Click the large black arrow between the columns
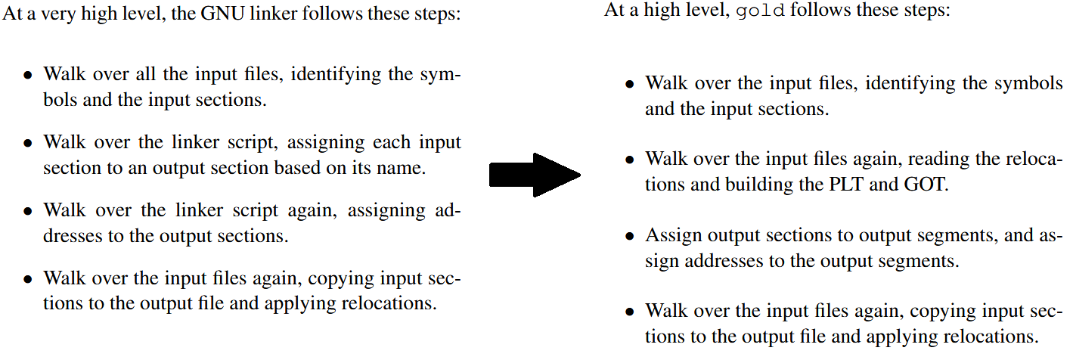click(x=534, y=175)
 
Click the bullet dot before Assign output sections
click(x=630, y=237)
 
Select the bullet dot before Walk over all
click(x=27, y=76)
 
